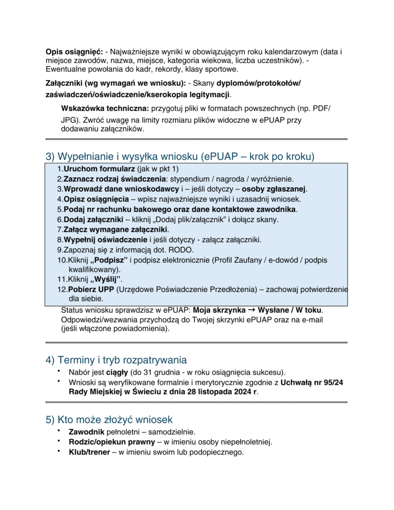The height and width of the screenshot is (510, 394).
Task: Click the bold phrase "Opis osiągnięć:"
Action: click(74, 52)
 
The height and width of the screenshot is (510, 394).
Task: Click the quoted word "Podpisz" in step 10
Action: click(109, 260)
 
